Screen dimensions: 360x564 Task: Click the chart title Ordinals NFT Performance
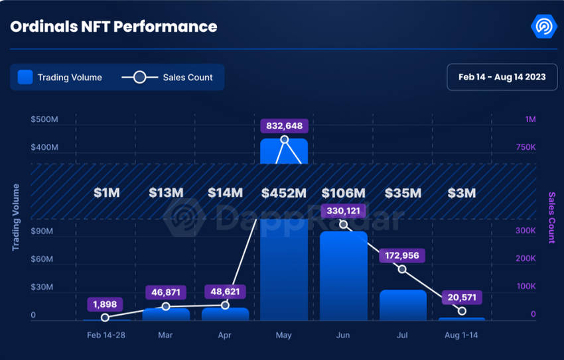click(x=113, y=27)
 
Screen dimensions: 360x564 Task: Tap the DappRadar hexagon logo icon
click(x=544, y=27)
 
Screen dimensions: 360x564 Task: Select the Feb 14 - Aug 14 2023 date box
click(x=502, y=77)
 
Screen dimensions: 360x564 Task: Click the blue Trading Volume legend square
click(x=25, y=77)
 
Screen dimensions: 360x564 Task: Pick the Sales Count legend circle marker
click(x=139, y=77)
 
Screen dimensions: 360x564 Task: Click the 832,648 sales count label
click(x=284, y=125)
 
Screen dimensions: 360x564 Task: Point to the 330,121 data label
click(x=344, y=211)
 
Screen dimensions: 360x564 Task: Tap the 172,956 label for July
click(x=401, y=255)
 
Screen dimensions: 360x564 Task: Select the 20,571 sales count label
click(x=460, y=298)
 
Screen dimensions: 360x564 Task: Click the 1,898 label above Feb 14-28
click(x=105, y=305)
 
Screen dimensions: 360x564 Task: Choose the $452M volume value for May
click(x=284, y=194)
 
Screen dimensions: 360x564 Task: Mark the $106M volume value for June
click(x=344, y=194)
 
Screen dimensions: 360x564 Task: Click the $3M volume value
click(x=461, y=194)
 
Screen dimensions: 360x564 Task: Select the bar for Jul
click(x=403, y=305)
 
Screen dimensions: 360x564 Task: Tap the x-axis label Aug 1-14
click(x=461, y=335)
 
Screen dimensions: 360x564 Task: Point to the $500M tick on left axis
click(x=44, y=119)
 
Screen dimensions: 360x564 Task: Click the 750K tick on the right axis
click(x=526, y=147)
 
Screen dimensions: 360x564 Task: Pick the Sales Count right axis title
click(x=551, y=217)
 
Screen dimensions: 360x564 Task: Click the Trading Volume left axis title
click(x=15, y=217)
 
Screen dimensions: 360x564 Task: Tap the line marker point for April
click(x=225, y=305)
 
